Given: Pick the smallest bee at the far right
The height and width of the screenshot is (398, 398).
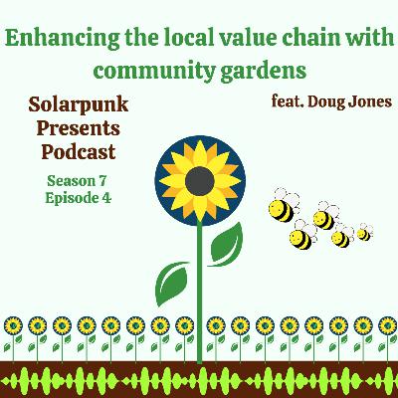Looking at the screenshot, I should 363,234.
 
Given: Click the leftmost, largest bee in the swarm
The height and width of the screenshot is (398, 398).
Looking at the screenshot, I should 282,210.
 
